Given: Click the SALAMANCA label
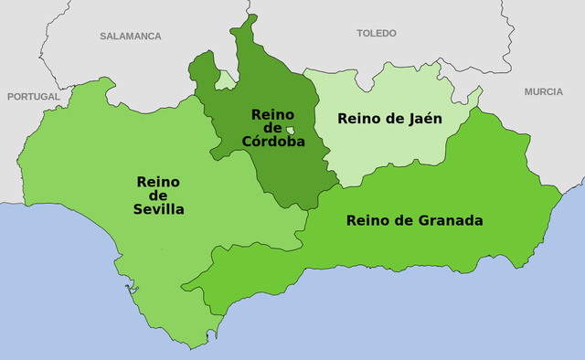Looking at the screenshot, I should (131, 36).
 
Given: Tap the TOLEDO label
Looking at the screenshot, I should (377, 33).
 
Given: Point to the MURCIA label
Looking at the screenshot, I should (544, 92).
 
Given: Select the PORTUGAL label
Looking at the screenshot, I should (33, 96).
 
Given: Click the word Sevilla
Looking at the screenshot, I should (159, 209).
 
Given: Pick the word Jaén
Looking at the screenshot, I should (425, 118).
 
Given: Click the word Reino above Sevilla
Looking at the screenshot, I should (159, 181).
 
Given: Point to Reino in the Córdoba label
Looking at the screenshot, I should (272, 114).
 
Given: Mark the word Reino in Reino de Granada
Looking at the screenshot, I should (368, 220).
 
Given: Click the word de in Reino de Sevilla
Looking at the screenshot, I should (159, 196).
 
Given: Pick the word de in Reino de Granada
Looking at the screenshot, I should (403, 220).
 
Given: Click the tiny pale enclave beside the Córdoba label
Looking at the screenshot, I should (290, 131).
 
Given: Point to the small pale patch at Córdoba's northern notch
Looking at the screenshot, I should (225, 79).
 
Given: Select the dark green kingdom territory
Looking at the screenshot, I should (274, 169).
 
